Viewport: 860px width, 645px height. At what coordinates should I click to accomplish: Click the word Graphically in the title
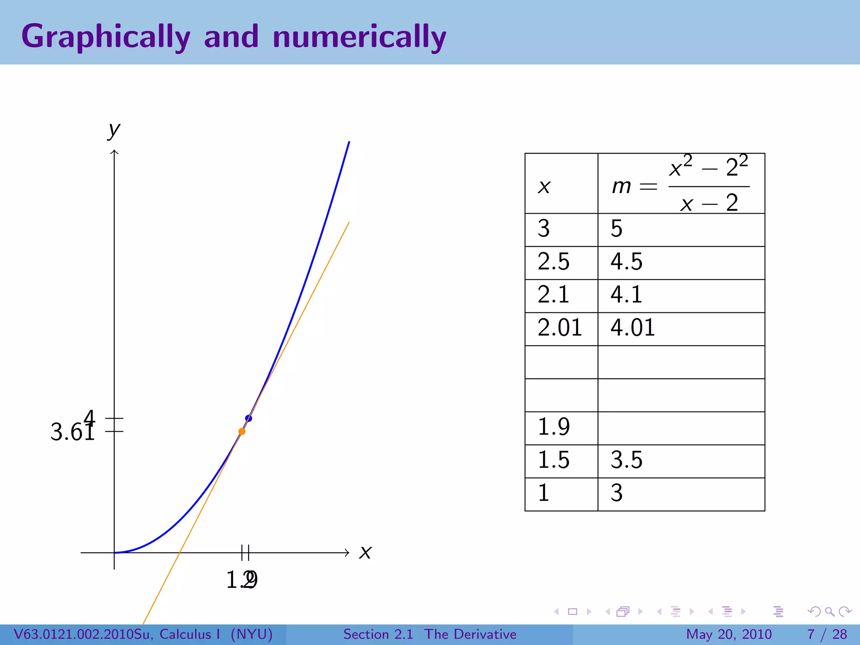105,37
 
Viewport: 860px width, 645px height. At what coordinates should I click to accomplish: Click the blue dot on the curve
249,418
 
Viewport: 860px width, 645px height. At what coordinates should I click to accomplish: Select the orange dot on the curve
242,431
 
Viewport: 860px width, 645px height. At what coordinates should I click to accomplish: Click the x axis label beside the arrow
365,552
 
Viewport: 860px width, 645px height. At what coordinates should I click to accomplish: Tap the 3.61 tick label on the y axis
72,432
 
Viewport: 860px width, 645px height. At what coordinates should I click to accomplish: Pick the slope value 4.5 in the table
627,262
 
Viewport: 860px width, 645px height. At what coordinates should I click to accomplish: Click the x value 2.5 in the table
553,262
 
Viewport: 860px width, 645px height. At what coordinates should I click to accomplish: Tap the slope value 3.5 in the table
627,460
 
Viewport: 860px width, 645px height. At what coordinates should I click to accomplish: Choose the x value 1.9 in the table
553,427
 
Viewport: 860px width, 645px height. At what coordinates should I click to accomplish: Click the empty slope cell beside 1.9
681,428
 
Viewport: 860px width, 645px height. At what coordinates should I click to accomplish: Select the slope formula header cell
681,184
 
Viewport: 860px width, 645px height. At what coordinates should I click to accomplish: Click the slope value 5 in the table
616,229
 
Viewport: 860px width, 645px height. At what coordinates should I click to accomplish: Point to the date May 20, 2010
729,634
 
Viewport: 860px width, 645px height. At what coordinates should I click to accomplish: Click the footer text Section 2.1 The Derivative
430,634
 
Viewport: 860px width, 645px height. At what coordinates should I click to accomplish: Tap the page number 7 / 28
827,634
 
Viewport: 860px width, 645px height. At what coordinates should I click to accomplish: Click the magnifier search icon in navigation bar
830,611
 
